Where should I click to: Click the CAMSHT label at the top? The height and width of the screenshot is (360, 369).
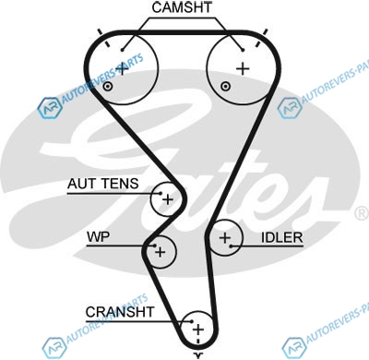(x=182, y=7)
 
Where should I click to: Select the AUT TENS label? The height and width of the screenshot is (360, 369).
(x=103, y=184)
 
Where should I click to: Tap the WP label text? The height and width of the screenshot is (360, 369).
(x=98, y=236)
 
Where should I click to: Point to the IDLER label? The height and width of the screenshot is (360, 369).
(x=282, y=237)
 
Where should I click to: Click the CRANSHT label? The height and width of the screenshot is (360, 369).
(x=120, y=312)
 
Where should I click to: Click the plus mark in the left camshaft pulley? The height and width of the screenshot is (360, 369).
(x=122, y=69)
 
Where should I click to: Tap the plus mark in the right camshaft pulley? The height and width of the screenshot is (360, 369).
(x=243, y=68)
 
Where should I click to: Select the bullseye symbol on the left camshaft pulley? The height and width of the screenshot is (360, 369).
(x=107, y=87)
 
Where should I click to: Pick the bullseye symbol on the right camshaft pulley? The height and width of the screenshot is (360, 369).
(x=226, y=86)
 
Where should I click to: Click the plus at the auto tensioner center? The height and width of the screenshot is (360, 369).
(x=168, y=199)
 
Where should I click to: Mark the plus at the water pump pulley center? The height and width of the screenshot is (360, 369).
(x=160, y=252)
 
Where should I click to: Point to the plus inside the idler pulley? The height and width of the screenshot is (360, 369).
(x=225, y=237)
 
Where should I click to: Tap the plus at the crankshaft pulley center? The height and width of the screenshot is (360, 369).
(x=198, y=330)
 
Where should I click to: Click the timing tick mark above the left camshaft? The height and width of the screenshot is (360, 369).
(x=103, y=39)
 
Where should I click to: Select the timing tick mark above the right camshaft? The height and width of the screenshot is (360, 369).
(x=262, y=38)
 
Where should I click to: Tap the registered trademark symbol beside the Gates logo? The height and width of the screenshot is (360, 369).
(x=363, y=213)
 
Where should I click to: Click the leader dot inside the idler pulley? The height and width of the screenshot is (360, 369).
(x=232, y=246)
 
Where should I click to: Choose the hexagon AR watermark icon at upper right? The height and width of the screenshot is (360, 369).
(x=289, y=107)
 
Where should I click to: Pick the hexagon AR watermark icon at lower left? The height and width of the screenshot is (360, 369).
(x=54, y=347)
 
